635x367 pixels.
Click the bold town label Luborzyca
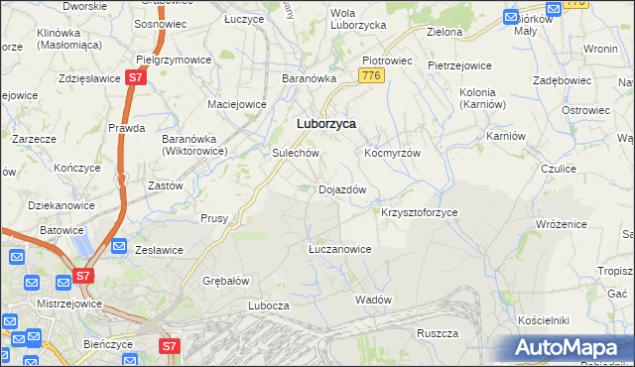click(x=326, y=124)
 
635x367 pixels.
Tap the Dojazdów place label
click(x=342, y=188)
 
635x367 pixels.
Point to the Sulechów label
click(x=295, y=154)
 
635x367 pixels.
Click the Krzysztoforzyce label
click(x=419, y=212)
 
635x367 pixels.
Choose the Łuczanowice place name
click(x=339, y=249)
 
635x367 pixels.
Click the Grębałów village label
click(x=225, y=280)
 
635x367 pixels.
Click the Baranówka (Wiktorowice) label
click(x=195, y=145)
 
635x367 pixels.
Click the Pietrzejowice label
click(x=459, y=65)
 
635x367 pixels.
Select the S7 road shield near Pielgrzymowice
click(x=137, y=77)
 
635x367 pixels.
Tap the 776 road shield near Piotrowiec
click(x=372, y=76)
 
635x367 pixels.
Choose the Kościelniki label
click(x=543, y=321)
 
